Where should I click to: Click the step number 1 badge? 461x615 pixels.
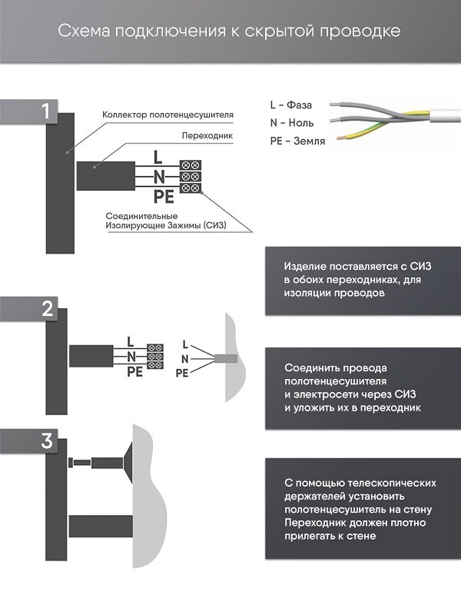tap(47, 110)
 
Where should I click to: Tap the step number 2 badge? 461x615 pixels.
tap(47, 308)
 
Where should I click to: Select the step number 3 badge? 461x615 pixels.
tap(47, 441)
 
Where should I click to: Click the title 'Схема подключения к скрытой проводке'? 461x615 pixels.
tap(230, 32)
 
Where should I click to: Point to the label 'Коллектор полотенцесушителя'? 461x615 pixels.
tap(167, 115)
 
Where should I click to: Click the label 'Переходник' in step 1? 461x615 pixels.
tap(207, 135)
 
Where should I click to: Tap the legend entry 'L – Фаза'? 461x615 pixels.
tap(291, 104)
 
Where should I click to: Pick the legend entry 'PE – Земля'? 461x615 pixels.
tap(297, 141)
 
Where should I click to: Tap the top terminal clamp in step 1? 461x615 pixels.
tap(190, 165)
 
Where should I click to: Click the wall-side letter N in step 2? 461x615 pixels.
tap(184, 359)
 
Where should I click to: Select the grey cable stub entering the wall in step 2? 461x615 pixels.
tap(226, 359)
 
